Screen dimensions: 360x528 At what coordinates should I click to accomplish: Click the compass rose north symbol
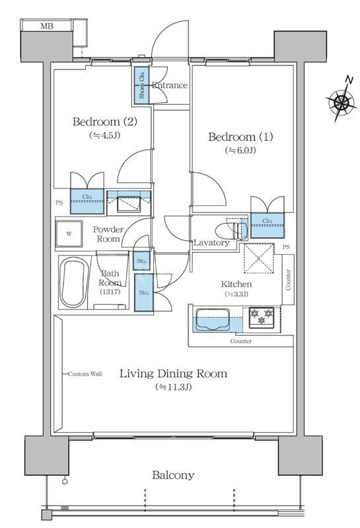click(342, 100)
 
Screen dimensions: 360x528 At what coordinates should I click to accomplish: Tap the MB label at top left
click(47, 26)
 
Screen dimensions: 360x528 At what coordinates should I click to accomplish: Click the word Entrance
click(170, 85)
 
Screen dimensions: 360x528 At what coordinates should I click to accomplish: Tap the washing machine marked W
click(69, 234)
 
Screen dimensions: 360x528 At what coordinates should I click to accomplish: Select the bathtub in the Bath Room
click(74, 282)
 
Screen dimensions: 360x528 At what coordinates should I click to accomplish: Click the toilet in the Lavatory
click(232, 230)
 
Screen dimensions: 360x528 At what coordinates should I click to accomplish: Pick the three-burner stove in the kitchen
click(262, 317)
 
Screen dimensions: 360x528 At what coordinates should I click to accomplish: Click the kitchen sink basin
click(213, 319)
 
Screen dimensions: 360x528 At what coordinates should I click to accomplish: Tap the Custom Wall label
click(85, 374)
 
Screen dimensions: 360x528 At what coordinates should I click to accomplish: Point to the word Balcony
click(173, 475)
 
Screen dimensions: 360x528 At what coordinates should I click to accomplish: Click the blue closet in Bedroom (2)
click(87, 201)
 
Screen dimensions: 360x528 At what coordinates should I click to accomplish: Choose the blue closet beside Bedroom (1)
click(268, 225)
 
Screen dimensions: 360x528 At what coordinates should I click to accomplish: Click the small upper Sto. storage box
click(141, 261)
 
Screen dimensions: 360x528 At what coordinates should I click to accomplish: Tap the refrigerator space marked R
click(258, 258)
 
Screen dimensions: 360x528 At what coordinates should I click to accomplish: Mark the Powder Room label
click(108, 234)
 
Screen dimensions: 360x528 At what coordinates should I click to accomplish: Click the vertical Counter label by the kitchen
click(288, 279)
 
